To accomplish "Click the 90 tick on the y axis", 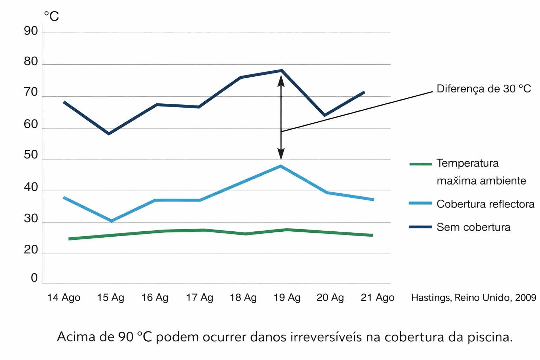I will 31,31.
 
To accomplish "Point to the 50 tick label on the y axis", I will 31,155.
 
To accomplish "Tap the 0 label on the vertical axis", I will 34,278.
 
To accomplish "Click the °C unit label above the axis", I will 51,16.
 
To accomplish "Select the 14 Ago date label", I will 64,298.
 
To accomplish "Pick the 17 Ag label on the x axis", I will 199,298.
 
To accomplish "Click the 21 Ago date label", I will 377,298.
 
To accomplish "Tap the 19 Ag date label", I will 287,298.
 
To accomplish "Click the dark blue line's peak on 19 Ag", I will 282,70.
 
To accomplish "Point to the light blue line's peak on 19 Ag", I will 281,166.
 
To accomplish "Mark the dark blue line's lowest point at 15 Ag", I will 109,134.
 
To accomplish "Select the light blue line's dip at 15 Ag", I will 112,221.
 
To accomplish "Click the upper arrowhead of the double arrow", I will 281,79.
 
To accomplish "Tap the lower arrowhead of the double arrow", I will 281,155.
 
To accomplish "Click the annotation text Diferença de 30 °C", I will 483,89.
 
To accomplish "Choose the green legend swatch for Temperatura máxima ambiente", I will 420,164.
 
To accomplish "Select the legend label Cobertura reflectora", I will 485,204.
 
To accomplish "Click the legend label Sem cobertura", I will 473,227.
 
